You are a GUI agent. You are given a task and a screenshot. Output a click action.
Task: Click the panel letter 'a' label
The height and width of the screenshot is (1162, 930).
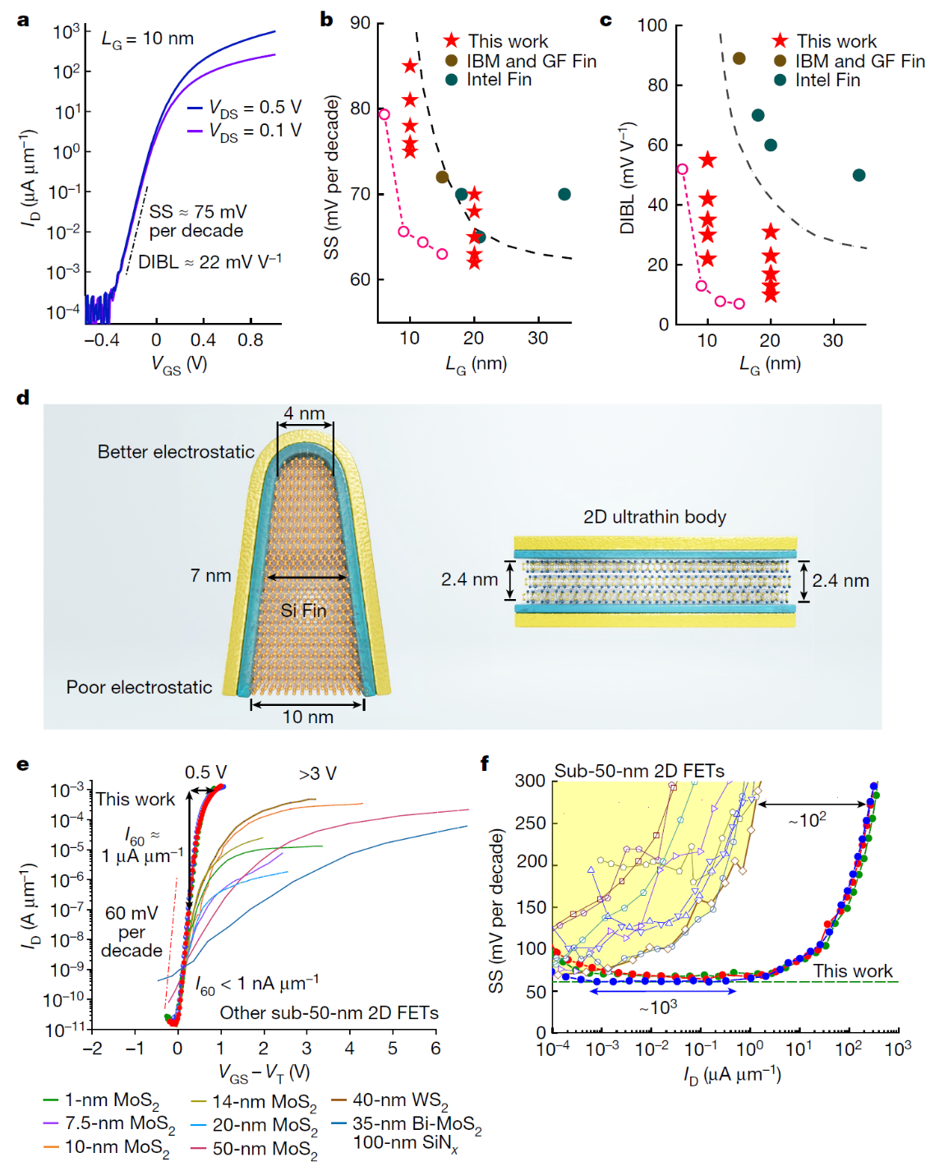tap(23, 20)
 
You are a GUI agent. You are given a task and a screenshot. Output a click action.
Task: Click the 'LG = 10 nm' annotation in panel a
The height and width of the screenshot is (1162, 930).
tap(148, 39)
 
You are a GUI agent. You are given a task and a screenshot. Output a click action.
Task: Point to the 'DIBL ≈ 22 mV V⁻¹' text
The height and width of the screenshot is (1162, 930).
tap(209, 262)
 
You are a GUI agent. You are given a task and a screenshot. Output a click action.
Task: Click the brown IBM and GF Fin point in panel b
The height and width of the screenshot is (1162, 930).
tap(442, 177)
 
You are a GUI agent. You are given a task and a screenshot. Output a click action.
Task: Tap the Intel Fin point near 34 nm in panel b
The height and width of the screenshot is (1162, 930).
tap(564, 195)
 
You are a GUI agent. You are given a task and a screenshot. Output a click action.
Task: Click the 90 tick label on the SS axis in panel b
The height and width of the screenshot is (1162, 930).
tap(360, 23)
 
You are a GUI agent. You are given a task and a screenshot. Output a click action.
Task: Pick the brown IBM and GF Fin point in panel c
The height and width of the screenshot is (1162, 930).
tap(739, 58)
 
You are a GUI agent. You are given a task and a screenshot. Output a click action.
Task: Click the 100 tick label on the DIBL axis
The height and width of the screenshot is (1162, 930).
tap(652, 25)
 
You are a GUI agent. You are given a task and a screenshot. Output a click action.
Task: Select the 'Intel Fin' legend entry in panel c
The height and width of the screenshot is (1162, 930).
tap(827, 81)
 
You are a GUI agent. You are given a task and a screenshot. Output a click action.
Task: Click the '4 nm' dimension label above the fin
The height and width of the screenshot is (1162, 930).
tap(304, 413)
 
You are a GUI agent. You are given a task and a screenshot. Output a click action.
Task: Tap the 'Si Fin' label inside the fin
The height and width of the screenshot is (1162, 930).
tap(303, 611)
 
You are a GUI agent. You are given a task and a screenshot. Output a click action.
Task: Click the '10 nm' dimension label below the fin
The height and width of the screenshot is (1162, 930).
tap(308, 717)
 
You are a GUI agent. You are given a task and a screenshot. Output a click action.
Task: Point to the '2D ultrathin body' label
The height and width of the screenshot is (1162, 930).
tap(655, 517)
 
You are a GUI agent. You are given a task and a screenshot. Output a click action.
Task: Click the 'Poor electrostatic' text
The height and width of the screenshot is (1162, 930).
tap(139, 687)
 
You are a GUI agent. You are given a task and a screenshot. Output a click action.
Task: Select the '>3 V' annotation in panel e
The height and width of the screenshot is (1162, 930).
tap(318, 773)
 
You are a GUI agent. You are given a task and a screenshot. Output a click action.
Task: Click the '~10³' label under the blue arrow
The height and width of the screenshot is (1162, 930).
tap(658, 1007)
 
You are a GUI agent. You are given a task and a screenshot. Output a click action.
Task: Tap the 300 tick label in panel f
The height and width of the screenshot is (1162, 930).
tap(530, 780)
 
